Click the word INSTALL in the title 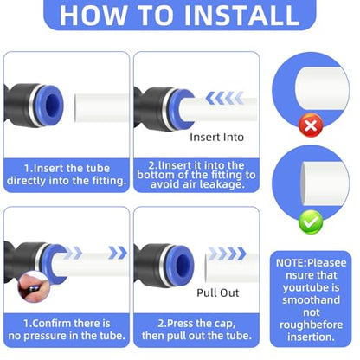(x=241, y=15)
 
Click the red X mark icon (x=311, y=125)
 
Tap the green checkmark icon (x=311, y=222)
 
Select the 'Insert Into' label (x=216, y=137)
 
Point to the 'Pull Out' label (x=218, y=292)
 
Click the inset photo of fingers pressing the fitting (x=34, y=287)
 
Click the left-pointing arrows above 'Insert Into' (x=225, y=98)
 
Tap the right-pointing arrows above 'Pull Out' (x=228, y=254)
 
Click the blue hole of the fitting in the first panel (x=53, y=105)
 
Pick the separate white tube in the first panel (x=101, y=107)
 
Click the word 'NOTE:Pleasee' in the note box (x=311, y=263)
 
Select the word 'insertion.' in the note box (x=311, y=337)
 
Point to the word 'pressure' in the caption (x=51, y=336)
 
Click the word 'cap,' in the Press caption (x=225, y=324)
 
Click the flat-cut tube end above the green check (x=325, y=183)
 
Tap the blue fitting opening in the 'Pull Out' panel (x=183, y=264)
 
